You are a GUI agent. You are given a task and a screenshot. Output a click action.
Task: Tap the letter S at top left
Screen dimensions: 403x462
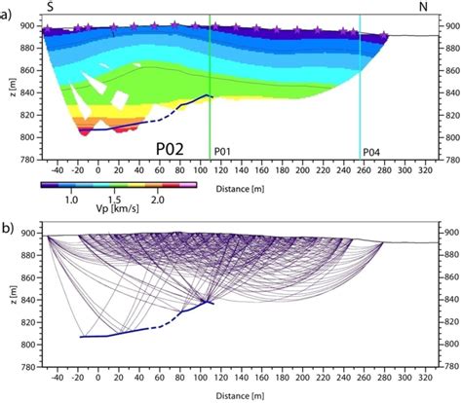(x=50, y=7)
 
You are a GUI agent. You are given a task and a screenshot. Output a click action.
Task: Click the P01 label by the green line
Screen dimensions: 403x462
(x=222, y=152)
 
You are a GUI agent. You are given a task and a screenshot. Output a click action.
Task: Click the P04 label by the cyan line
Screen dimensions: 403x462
(x=370, y=152)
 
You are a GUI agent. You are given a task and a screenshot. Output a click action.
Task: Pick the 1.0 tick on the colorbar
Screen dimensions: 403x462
(x=71, y=198)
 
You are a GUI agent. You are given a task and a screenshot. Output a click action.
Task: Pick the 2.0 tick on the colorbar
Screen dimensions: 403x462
(x=160, y=198)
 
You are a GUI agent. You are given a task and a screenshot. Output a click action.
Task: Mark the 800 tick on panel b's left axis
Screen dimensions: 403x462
(x=27, y=346)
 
